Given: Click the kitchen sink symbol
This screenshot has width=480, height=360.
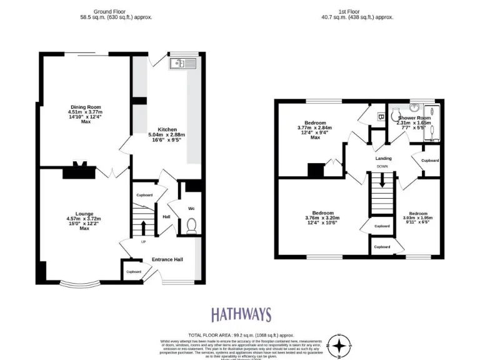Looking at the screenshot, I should click(182, 63).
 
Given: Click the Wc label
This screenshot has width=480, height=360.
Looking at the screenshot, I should click(192, 209).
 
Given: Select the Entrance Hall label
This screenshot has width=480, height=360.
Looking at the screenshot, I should click(167, 260).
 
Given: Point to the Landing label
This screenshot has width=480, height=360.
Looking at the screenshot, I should click(383, 159).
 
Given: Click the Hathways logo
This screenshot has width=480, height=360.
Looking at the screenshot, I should click(240, 314).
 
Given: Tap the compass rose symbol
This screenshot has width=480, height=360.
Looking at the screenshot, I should click(339, 346).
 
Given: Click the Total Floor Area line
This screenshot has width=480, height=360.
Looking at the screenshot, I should click(241, 336).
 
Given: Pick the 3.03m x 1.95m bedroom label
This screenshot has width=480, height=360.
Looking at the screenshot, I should click(418, 216).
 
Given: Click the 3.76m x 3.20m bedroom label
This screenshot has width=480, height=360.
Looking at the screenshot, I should click(319, 216).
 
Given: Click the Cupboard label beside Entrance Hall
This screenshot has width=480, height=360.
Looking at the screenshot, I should click(134, 271).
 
